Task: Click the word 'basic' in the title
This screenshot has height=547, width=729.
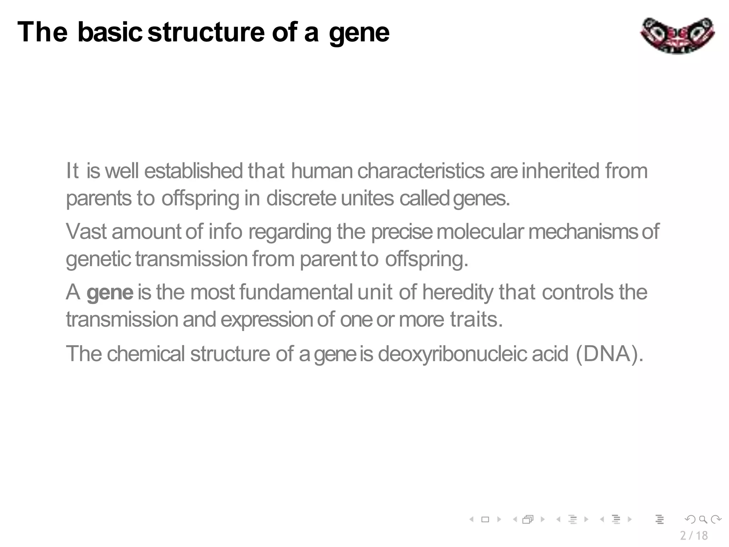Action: (x=110, y=32)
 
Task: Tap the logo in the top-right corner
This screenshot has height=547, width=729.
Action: (x=677, y=36)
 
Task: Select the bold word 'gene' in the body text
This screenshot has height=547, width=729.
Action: (x=110, y=293)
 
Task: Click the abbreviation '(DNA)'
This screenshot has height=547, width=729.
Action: (x=609, y=354)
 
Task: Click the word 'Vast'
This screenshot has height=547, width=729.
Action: (x=86, y=231)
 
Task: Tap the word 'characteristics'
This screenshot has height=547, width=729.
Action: (x=421, y=171)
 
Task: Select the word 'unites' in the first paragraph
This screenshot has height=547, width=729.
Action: (x=367, y=198)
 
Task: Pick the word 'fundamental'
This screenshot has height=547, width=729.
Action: (x=296, y=292)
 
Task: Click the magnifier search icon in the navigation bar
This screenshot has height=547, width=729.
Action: (x=703, y=519)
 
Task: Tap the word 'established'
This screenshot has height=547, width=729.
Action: (x=193, y=171)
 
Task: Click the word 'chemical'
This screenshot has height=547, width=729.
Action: (x=146, y=354)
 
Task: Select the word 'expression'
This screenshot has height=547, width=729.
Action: (x=267, y=320)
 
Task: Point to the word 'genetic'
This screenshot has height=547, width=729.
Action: (x=98, y=259)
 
